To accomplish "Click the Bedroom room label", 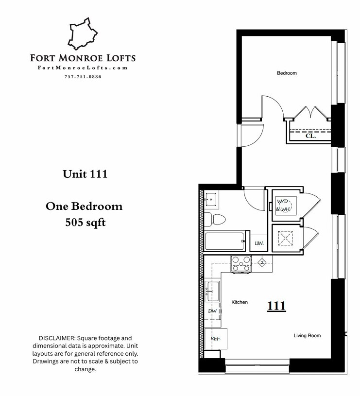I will [287, 73].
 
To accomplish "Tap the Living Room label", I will [307, 336].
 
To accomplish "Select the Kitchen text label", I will [239, 302].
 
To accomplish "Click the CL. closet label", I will [310, 137].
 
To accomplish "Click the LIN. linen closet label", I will [259, 243].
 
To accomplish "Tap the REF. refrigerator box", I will [215, 339].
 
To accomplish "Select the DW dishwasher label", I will [212, 311].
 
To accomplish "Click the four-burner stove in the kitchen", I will [241, 263].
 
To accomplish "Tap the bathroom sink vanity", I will [211, 198].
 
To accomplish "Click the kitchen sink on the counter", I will [212, 291].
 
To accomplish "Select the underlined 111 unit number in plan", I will [276, 306].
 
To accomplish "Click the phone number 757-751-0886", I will [83, 77].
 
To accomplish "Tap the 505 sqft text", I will [85, 224].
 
